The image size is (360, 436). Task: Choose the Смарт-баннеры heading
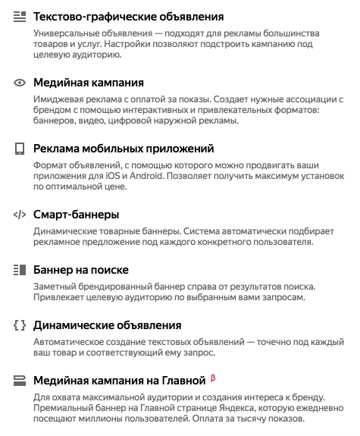click(x=76, y=215)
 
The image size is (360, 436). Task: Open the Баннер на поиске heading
click(x=81, y=270)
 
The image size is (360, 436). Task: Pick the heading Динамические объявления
click(x=108, y=325)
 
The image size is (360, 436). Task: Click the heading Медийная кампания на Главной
click(x=120, y=380)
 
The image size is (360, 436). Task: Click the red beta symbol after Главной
click(x=213, y=377)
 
